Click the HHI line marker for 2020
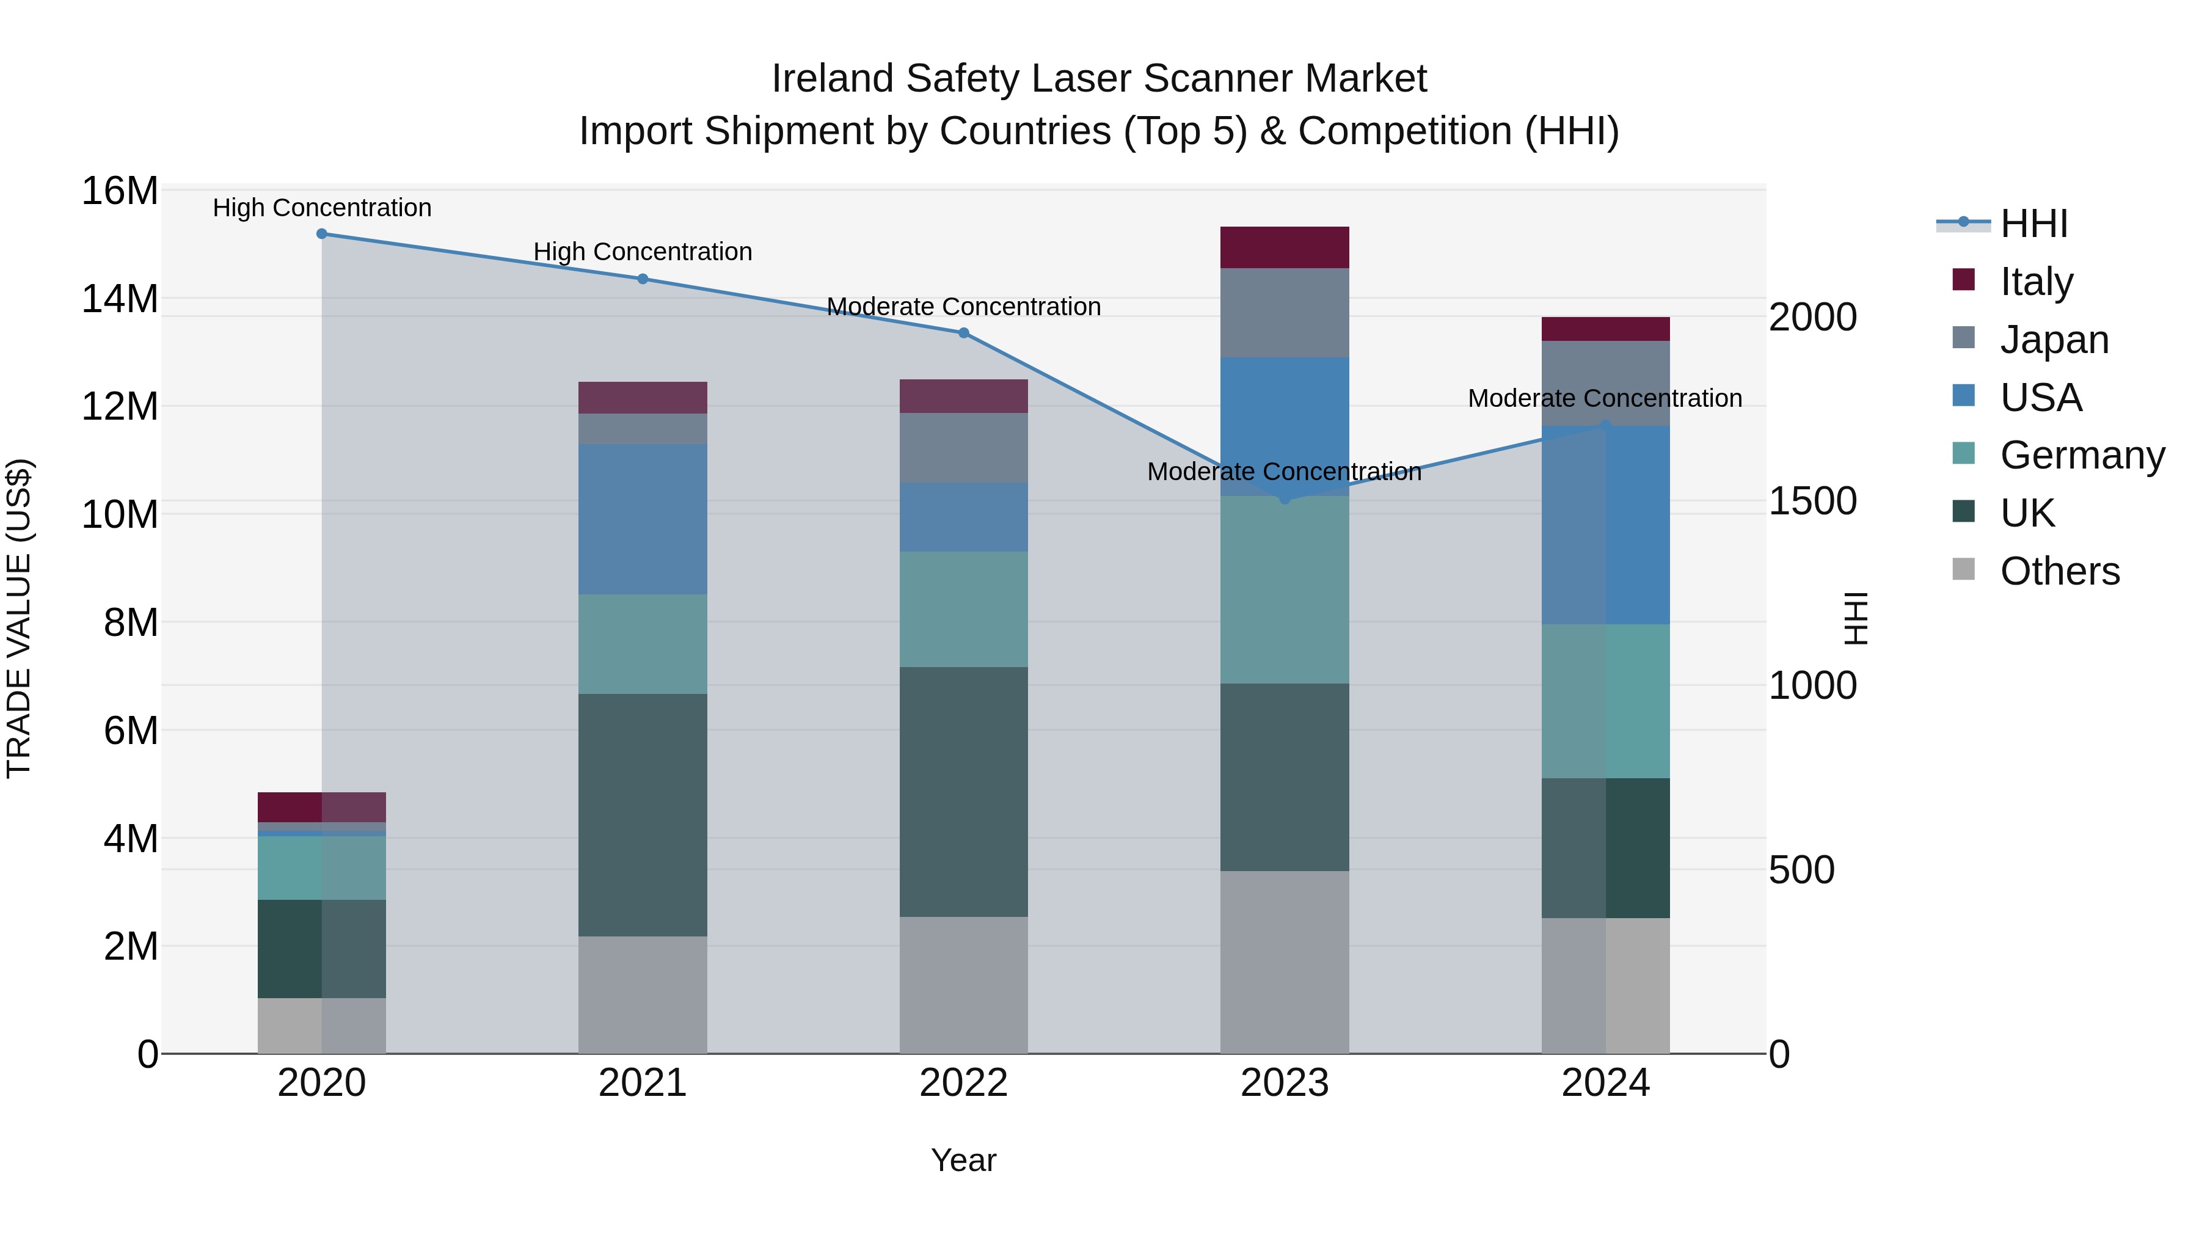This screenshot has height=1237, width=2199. click(322, 234)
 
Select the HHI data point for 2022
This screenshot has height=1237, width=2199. click(964, 333)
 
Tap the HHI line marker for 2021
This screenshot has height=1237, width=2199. click(643, 279)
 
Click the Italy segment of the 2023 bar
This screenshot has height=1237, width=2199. click(1284, 247)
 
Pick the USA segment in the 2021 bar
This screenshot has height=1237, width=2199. click(643, 519)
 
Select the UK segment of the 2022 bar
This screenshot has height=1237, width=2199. click(964, 792)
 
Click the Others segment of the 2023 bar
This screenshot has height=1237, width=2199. click(1284, 962)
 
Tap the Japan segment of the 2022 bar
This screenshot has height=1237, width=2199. click(964, 448)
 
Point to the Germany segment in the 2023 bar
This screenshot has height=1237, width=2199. click(1284, 590)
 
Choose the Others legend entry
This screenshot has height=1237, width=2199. click(2059, 571)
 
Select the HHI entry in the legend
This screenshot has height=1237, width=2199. click(2033, 224)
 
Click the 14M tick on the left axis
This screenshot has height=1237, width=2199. click(120, 299)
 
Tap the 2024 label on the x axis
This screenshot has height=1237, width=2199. click(1605, 1083)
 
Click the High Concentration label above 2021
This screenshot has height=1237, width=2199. click(643, 252)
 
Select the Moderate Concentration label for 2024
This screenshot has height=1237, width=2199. click(1605, 399)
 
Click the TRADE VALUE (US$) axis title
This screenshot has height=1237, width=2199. click(20, 618)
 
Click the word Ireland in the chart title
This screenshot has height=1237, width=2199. click(833, 79)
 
